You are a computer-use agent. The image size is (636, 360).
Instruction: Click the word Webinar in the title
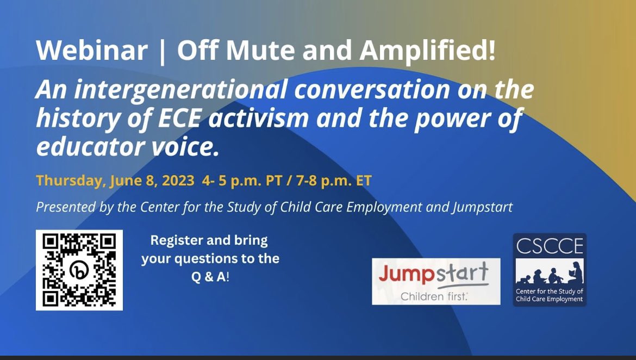[92, 52]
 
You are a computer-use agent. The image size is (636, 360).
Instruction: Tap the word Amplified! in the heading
[428, 52]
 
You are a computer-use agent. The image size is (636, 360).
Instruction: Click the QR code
[79, 270]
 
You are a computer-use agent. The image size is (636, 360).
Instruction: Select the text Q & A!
[210, 277]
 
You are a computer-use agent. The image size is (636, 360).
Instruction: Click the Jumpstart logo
[436, 281]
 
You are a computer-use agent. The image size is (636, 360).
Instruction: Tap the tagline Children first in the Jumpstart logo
[434, 296]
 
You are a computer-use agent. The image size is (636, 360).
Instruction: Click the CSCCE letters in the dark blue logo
[550, 247]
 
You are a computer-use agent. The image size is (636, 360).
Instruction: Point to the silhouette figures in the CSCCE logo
[550, 275]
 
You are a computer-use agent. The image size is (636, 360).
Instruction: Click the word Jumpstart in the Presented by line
[482, 207]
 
